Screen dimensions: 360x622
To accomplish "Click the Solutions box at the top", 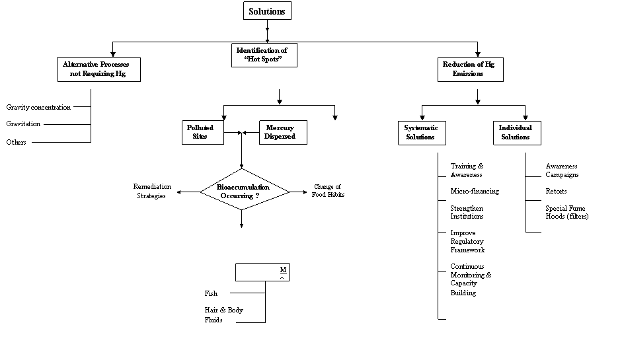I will (x=267, y=11).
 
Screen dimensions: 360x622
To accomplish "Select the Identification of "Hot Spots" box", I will (x=264, y=55).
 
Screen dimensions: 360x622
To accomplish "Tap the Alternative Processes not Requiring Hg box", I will (x=101, y=69).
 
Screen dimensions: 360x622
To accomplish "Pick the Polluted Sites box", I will (x=200, y=132).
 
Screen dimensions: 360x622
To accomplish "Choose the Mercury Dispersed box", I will (x=280, y=132).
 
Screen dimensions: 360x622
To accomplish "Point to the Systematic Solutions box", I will (x=420, y=132).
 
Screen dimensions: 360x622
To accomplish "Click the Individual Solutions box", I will (x=515, y=132).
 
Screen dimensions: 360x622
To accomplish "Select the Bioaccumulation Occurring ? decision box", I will (x=244, y=192).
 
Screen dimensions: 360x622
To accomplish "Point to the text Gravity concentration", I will (x=38, y=107).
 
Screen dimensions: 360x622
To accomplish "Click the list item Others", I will (x=17, y=142).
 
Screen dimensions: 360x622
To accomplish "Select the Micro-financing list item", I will (x=475, y=192).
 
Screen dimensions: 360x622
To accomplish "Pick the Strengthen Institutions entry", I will (x=467, y=212).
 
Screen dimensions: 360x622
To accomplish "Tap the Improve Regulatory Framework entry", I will (x=468, y=242).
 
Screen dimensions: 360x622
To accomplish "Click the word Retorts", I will (x=556, y=192).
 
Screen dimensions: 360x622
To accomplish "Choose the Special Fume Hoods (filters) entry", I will (x=566, y=212).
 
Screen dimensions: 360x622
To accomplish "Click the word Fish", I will (x=211, y=293).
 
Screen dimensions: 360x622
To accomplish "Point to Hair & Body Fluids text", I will (x=223, y=315).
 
